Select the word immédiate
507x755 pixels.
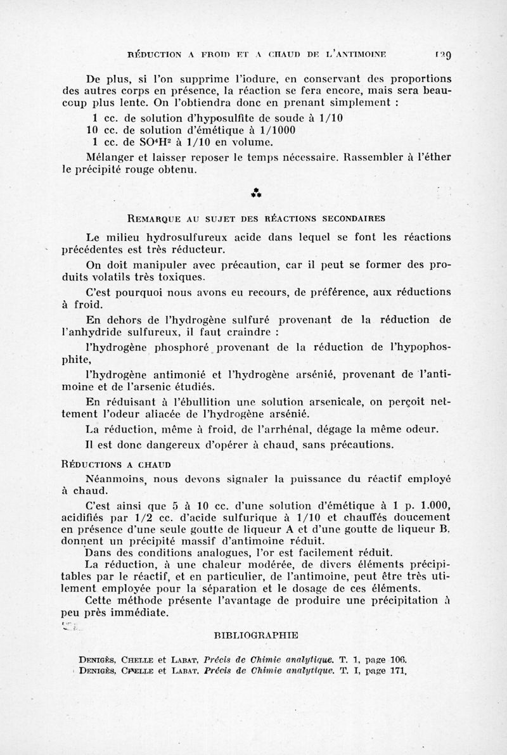(135, 613)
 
